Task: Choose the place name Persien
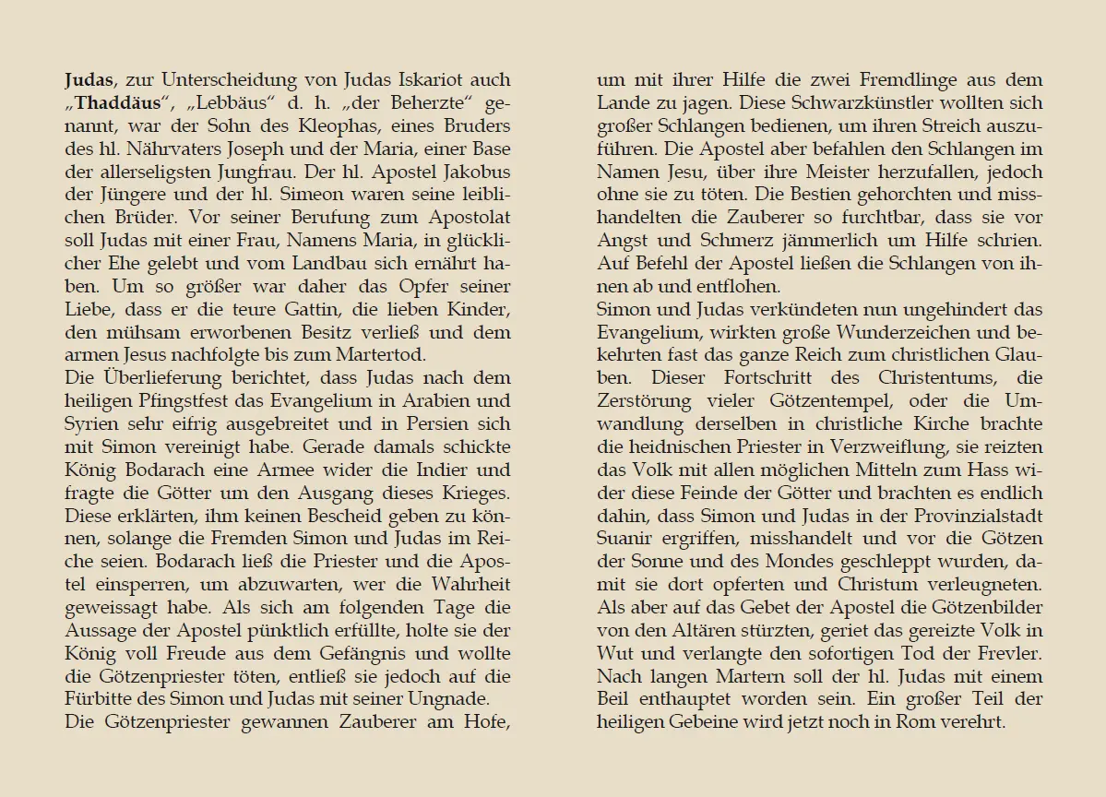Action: click(434, 424)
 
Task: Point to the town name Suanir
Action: click(626, 539)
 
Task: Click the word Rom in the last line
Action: click(914, 722)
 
